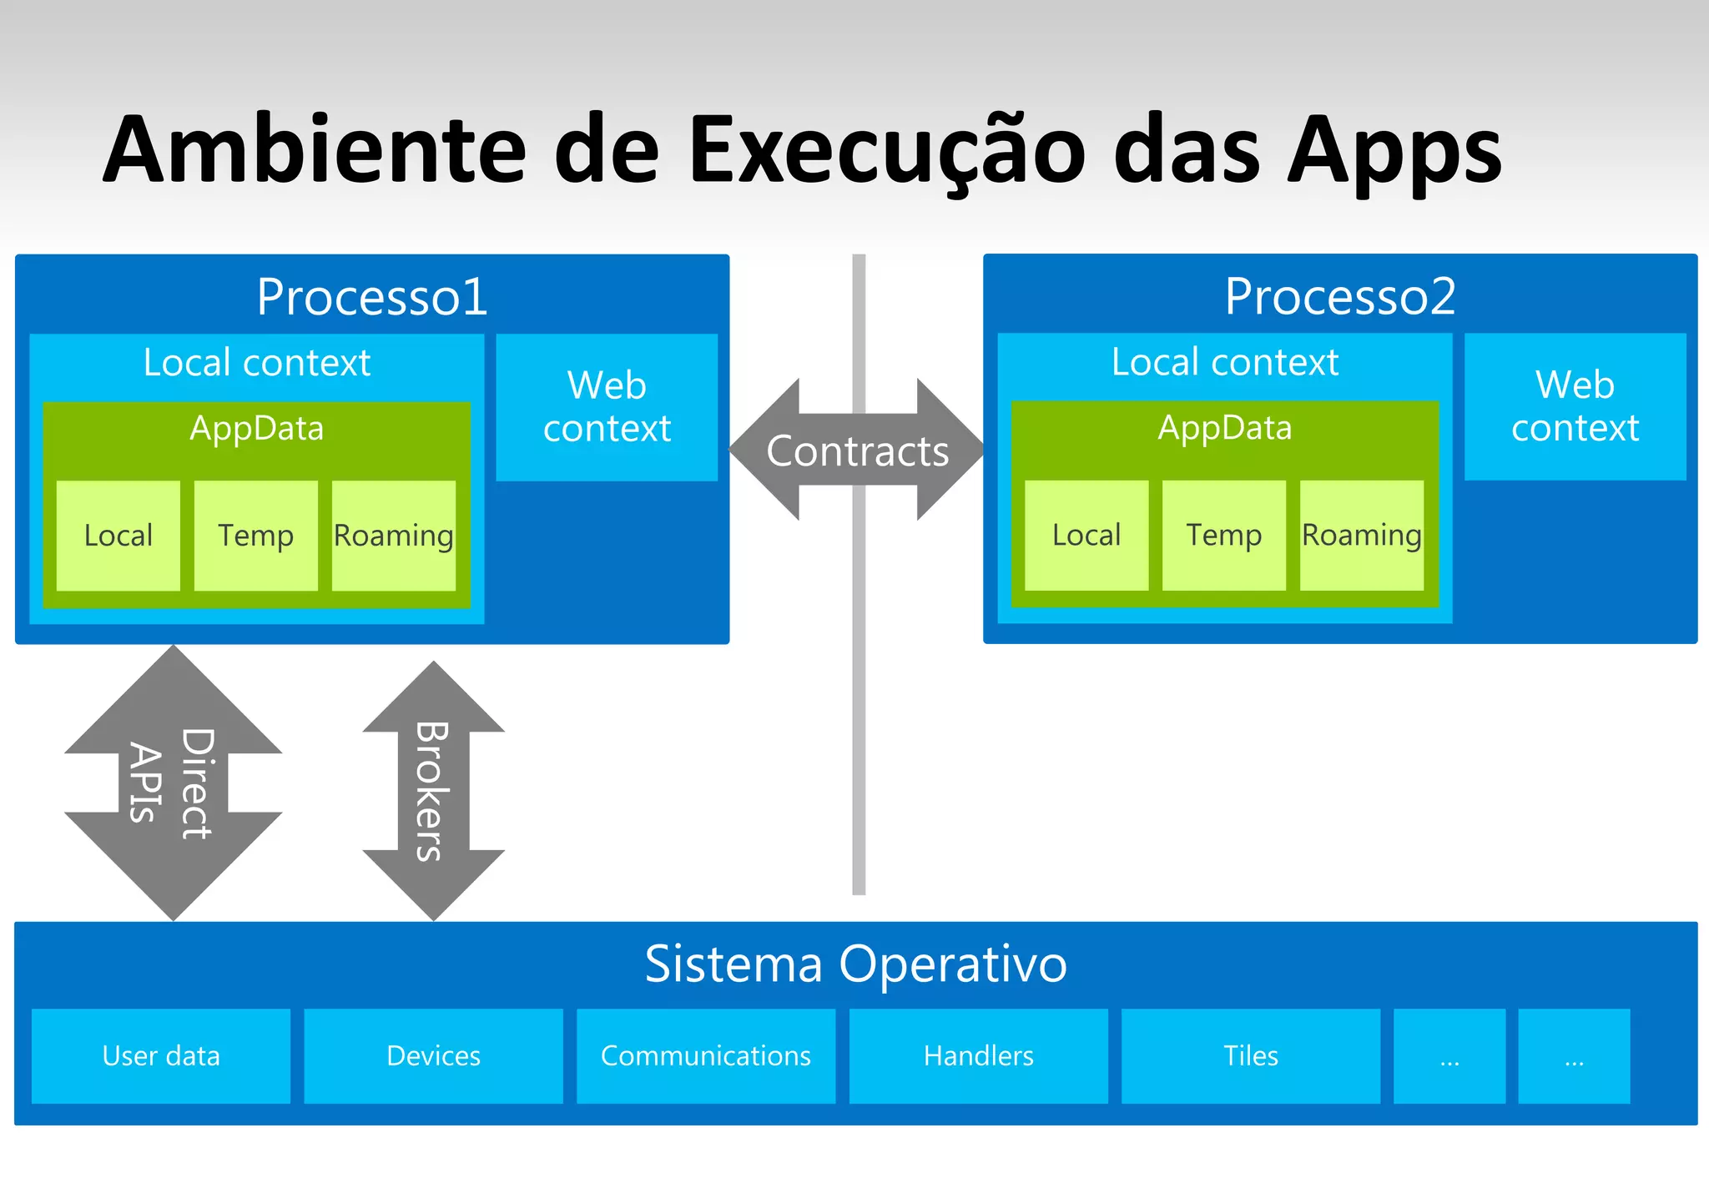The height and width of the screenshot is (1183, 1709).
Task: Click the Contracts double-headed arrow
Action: coord(857,451)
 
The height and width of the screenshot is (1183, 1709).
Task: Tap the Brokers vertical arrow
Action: coord(433,791)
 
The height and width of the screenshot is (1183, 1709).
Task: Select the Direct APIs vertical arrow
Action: coord(173,783)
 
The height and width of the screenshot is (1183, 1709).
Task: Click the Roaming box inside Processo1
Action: coord(394,536)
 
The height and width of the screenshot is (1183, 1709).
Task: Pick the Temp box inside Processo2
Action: coord(1224,535)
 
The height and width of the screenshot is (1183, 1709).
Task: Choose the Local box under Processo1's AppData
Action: coord(118,536)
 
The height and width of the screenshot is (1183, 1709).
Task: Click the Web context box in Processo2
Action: coord(1575,406)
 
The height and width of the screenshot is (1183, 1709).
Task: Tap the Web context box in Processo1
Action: coord(607,407)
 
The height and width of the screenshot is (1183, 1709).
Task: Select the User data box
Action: coord(161,1056)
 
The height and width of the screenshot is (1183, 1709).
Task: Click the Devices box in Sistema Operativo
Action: coord(433,1056)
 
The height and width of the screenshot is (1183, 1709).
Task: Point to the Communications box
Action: coord(706,1056)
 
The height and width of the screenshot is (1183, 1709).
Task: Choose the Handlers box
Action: coord(978,1056)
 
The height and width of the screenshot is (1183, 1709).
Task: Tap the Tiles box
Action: coord(1250,1056)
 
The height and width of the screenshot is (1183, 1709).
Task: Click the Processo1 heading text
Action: coord(372,296)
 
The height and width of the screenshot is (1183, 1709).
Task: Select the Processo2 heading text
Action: coord(1340,296)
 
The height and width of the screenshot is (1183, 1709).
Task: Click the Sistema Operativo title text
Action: coord(855,964)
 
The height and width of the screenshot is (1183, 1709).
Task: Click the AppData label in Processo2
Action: coord(1224,428)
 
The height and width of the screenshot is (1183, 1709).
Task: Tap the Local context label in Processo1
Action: coord(257,363)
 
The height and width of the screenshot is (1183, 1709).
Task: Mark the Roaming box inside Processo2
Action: coord(1362,535)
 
